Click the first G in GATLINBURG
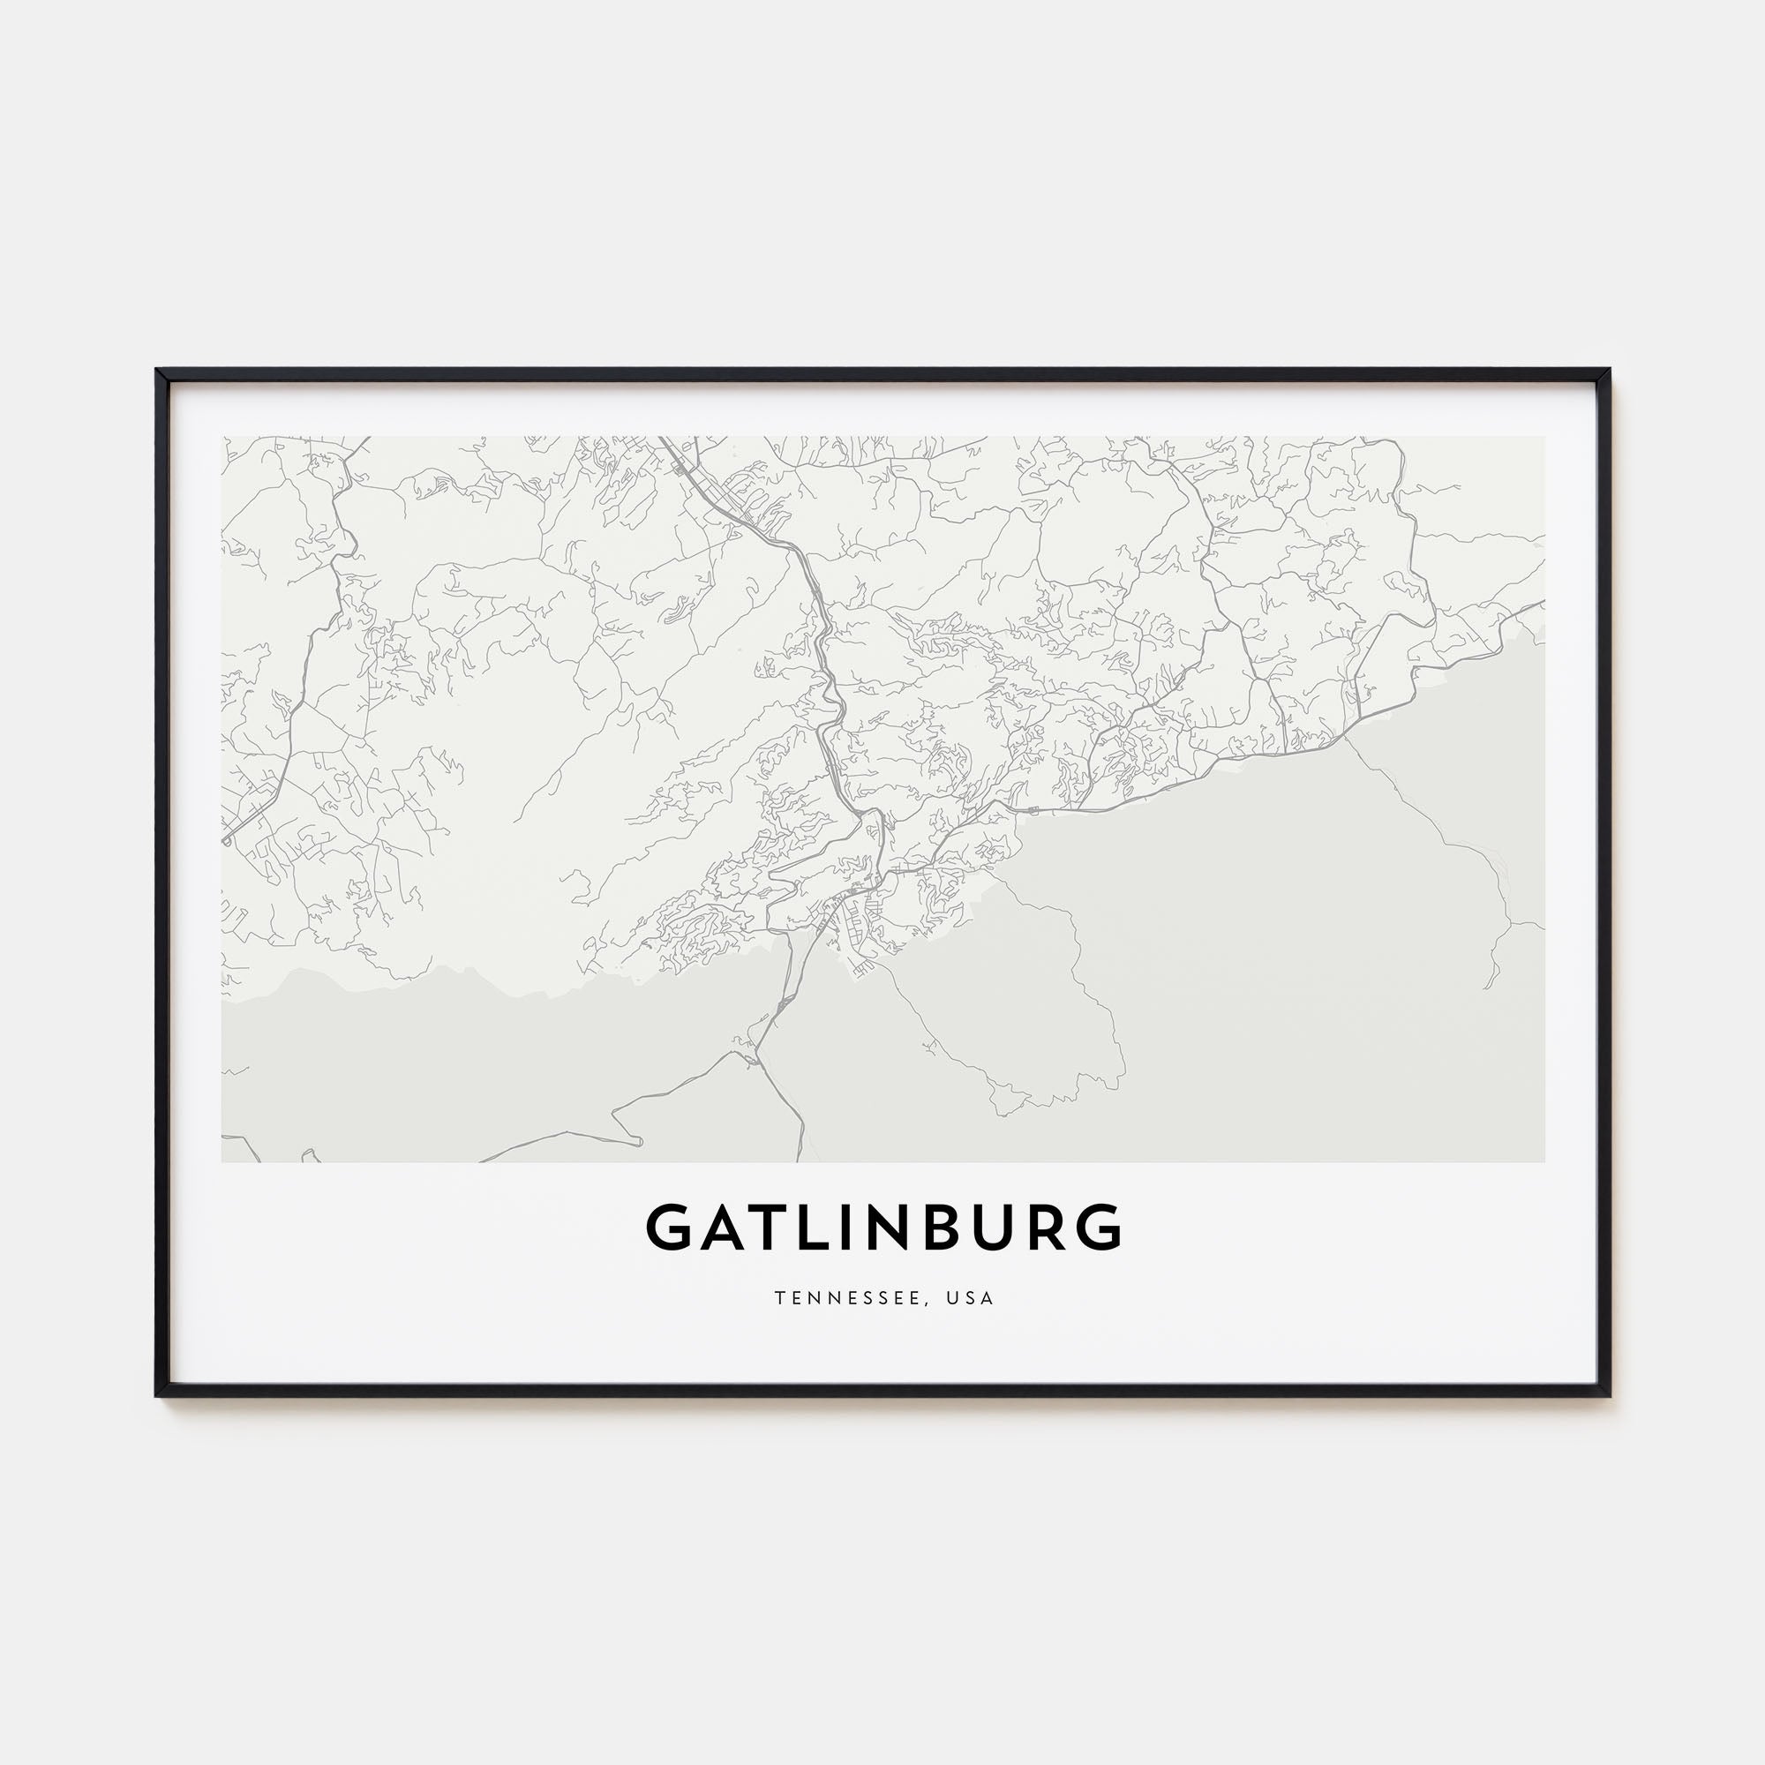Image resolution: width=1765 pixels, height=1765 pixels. (672, 1228)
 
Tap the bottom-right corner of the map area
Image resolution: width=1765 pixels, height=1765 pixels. (1543, 1161)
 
